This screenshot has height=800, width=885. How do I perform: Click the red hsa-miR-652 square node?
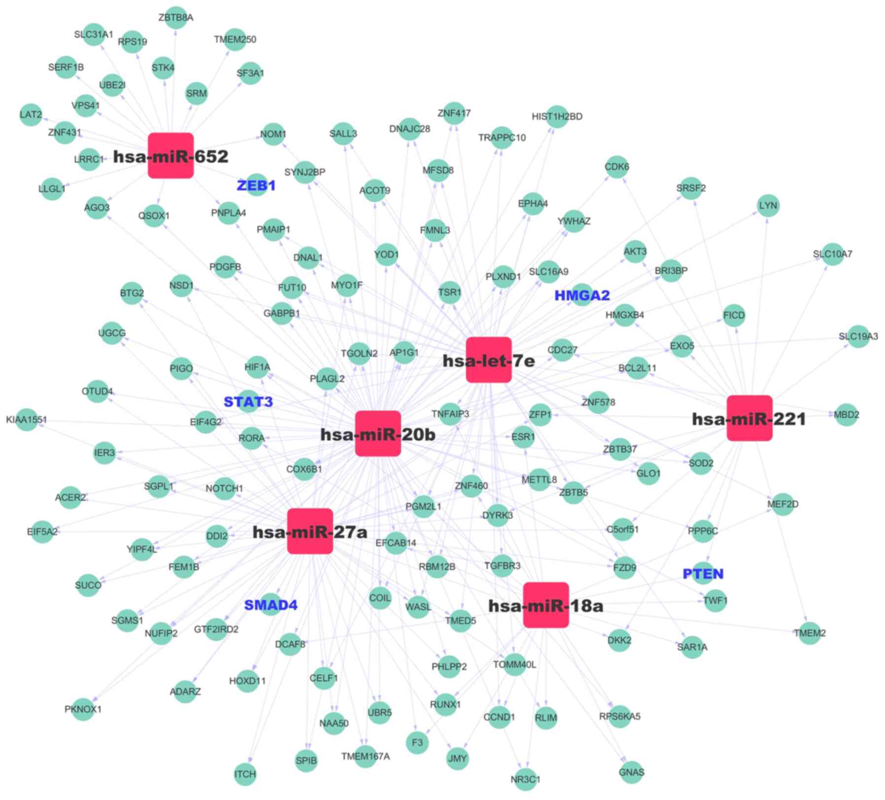click(x=171, y=155)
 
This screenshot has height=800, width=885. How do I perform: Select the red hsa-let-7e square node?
click(x=488, y=360)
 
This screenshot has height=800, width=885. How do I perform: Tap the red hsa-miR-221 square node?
click(x=749, y=418)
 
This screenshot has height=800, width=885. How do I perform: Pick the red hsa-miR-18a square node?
click(x=545, y=605)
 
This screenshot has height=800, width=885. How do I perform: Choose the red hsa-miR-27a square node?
click(x=310, y=531)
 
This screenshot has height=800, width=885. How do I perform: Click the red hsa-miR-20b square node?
click(x=378, y=434)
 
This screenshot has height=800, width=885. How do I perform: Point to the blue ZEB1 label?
click(x=256, y=185)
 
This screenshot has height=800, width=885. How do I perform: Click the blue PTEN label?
click(x=703, y=574)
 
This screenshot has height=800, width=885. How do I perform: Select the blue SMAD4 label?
click(x=271, y=605)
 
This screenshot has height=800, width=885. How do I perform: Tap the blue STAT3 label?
click(x=248, y=401)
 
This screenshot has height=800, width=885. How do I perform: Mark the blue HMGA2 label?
click(x=582, y=295)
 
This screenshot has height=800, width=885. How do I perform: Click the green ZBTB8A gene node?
click(x=176, y=18)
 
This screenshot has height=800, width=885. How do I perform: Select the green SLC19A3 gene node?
click(x=858, y=336)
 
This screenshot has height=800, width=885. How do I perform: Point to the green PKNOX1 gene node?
click(x=83, y=709)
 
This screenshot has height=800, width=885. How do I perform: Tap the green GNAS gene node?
click(x=631, y=772)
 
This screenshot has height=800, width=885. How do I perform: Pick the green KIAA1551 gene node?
click(x=27, y=420)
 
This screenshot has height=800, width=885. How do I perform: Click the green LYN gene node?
click(x=768, y=205)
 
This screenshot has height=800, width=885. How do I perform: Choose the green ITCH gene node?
click(x=245, y=774)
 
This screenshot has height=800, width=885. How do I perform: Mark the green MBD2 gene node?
click(x=846, y=415)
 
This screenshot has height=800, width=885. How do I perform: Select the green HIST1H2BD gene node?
click(x=557, y=116)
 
